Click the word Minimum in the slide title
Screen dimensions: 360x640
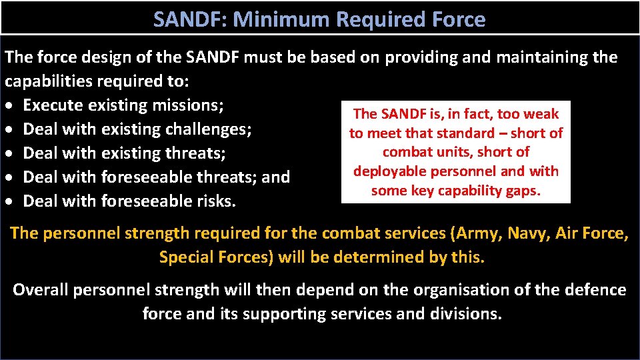point(285,20)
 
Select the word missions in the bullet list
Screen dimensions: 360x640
point(188,105)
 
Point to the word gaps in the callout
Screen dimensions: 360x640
point(525,191)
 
